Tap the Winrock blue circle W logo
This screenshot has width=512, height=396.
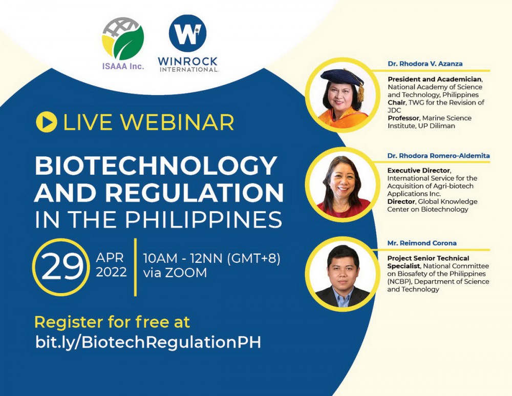pos(187,33)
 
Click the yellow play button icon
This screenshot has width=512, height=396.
pos(47,122)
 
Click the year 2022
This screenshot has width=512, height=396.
pos(111,272)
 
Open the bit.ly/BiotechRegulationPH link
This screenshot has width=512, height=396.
pos(148,342)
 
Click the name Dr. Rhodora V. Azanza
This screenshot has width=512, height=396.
pos(425,64)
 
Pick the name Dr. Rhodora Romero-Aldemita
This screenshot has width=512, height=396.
pos(439,156)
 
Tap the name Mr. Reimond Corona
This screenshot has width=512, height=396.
pos(422,243)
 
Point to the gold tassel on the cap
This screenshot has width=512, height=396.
pos(360,92)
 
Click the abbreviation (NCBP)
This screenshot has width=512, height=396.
pos(400,282)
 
